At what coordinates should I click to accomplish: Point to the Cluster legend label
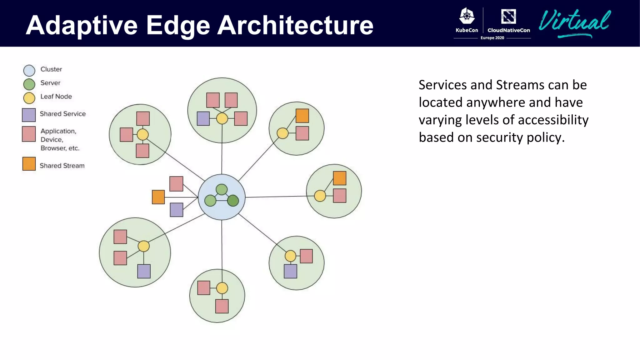(51, 69)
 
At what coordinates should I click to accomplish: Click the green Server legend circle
(29, 84)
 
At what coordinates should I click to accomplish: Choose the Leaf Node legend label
(56, 97)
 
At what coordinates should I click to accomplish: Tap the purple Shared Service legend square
(29, 115)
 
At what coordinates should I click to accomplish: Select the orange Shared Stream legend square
(29, 164)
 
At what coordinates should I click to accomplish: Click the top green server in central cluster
(222, 189)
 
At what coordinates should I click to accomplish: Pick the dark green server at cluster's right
(233, 201)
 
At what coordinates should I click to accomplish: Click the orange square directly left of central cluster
(158, 197)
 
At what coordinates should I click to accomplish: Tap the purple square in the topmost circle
(203, 119)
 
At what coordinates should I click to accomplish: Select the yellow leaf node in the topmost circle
(222, 118)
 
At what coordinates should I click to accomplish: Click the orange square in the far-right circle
(339, 178)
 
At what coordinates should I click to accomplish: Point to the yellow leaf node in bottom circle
(222, 288)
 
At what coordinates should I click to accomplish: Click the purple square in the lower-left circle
(144, 271)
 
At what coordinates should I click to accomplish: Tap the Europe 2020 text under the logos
(492, 38)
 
